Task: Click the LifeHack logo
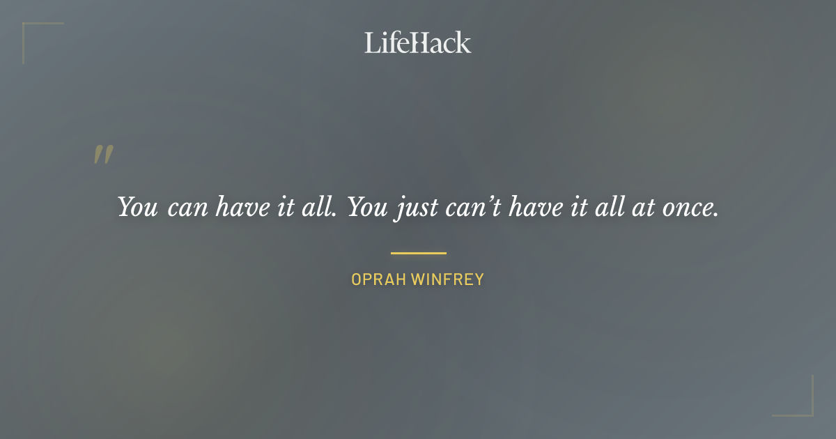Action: (x=418, y=43)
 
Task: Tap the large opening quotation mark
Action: (x=103, y=155)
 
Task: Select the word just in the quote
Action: (x=417, y=208)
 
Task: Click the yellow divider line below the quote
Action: (x=418, y=253)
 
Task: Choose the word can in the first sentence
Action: (x=189, y=208)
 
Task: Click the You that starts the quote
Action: (x=137, y=207)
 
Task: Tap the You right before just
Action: (x=366, y=207)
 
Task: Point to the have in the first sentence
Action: (x=245, y=207)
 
